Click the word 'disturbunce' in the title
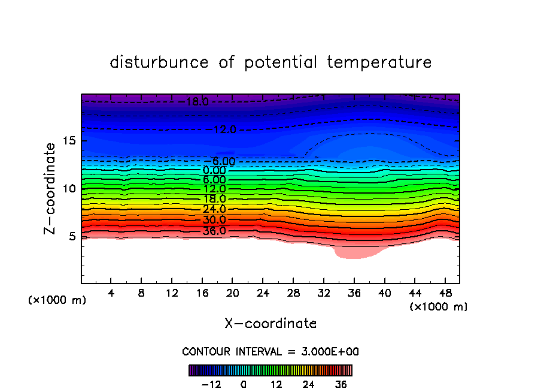click(x=159, y=62)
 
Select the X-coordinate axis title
click(x=270, y=324)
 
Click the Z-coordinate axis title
click(x=51, y=188)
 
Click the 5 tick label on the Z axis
click(x=74, y=236)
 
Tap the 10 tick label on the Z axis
click(x=71, y=189)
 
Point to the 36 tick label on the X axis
click(x=354, y=293)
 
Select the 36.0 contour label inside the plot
click(x=214, y=231)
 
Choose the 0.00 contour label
click(x=214, y=170)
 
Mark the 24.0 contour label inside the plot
click(x=214, y=209)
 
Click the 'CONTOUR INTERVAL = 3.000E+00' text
click(x=270, y=351)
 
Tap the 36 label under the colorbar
click(x=341, y=384)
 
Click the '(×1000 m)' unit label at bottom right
click(x=439, y=307)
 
